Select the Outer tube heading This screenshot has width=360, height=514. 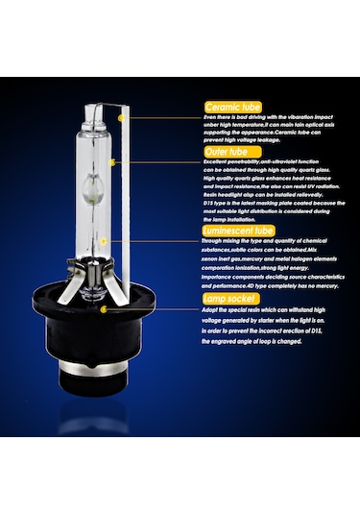(228, 151)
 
